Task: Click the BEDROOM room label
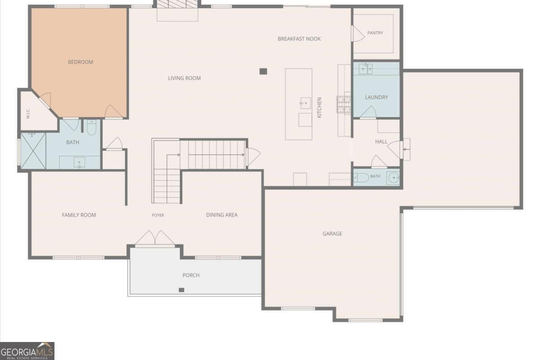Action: point(81,62)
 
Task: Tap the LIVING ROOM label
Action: point(184,78)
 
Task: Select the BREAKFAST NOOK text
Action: point(299,39)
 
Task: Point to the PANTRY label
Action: point(375,33)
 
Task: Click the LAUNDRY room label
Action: point(377,97)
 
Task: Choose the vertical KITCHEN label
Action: point(319,108)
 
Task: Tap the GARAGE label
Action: point(332,234)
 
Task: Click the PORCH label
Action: point(191,275)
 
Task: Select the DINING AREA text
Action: point(222,215)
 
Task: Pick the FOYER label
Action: point(158,215)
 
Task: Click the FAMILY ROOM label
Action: point(79,215)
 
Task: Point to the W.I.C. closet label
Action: point(28,114)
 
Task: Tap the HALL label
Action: point(381,142)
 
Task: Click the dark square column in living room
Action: point(263,72)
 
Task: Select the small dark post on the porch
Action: point(181,290)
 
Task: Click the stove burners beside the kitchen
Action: point(344,104)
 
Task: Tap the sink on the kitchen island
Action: point(306,103)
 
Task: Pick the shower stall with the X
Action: point(33,151)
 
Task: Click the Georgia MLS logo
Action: point(27,351)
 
